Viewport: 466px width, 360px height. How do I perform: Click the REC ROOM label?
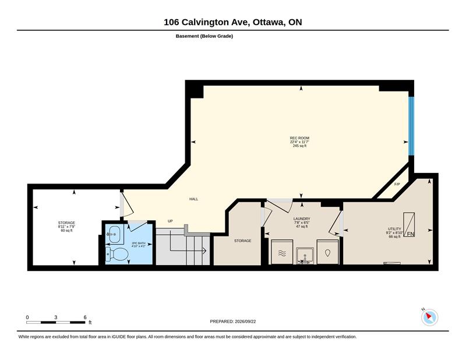(299, 138)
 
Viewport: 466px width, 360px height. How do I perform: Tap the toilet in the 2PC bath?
(118, 253)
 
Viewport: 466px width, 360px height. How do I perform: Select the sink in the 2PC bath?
(114, 234)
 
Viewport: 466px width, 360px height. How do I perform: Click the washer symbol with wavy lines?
(282, 252)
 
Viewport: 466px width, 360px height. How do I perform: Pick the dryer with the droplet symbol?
(327, 252)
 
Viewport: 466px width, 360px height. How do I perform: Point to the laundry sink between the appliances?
(305, 256)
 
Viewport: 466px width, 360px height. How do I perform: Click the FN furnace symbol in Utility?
(409, 224)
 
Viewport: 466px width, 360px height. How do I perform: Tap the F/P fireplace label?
(397, 184)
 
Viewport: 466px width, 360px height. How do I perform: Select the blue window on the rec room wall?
(411, 126)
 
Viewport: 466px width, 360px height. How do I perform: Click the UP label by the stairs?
(170, 221)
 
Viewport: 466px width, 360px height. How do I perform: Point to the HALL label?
(193, 199)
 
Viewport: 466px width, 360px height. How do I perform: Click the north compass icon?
(429, 317)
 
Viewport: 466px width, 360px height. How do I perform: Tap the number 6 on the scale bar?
(85, 317)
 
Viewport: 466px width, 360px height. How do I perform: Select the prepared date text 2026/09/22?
(245, 322)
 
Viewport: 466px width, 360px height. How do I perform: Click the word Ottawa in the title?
(267, 22)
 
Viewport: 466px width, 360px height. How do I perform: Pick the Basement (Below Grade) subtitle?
(204, 36)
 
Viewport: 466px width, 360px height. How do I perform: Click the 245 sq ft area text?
(299, 146)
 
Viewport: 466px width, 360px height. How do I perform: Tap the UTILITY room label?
(394, 229)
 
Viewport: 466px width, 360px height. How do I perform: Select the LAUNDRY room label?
(302, 219)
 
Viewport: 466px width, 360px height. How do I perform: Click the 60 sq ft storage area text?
(66, 230)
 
